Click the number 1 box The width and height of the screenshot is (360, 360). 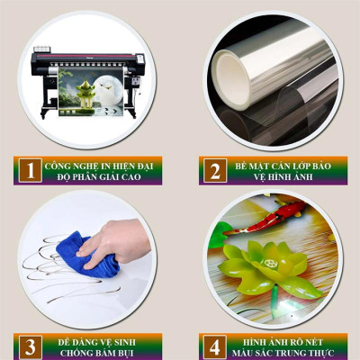point(31,169)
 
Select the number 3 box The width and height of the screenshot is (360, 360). point(31,346)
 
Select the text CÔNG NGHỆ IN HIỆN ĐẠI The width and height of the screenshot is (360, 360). point(101,164)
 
